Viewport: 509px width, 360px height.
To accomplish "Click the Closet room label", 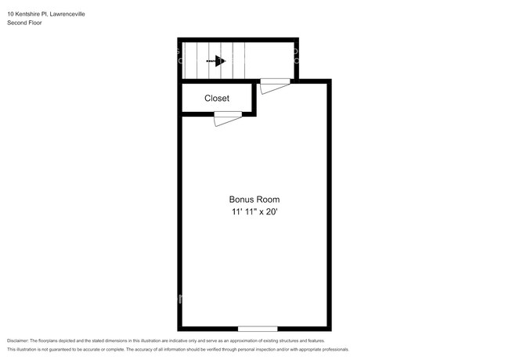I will click(x=217, y=99).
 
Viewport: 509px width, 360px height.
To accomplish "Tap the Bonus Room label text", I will click(x=254, y=200).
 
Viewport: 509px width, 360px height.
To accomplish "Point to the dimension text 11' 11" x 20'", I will click(x=254, y=212).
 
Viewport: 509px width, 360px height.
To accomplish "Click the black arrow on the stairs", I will click(x=219, y=60).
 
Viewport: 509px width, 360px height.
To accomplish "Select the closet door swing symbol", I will click(x=228, y=118).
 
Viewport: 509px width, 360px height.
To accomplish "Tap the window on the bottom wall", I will click(x=258, y=328).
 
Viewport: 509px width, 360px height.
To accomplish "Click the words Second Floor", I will click(x=24, y=23).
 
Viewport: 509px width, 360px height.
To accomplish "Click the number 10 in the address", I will click(x=10, y=13).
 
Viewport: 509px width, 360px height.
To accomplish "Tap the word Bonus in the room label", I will click(x=242, y=200).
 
